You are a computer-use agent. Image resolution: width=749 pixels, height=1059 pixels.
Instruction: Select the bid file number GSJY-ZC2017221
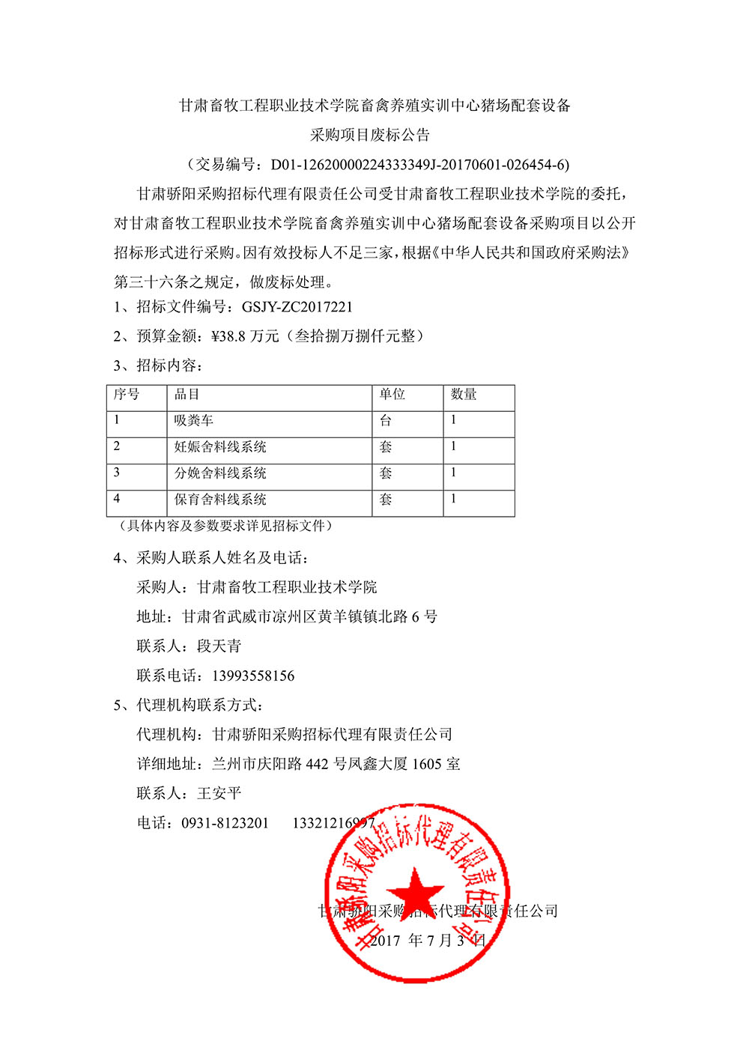pyautogui.click(x=297, y=307)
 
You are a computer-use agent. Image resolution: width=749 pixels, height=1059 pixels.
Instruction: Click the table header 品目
pyautogui.click(x=187, y=395)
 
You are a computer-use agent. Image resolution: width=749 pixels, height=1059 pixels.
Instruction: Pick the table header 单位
pyautogui.click(x=392, y=395)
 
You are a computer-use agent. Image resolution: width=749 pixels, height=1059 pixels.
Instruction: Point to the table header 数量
pyautogui.click(x=464, y=395)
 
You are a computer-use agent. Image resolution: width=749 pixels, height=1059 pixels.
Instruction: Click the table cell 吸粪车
pyautogui.click(x=194, y=421)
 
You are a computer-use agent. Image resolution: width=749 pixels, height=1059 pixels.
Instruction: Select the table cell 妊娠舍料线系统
pyautogui.click(x=220, y=447)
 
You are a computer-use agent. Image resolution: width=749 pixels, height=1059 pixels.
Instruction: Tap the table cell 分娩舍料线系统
pyautogui.click(x=220, y=473)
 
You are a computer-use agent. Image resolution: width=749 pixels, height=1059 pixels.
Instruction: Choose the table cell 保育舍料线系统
pyautogui.click(x=220, y=500)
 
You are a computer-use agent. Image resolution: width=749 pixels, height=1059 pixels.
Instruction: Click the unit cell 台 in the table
pyautogui.click(x=386, y=421)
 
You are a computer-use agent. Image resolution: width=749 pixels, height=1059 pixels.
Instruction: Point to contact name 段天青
pyautogui.click(x=219, y=646)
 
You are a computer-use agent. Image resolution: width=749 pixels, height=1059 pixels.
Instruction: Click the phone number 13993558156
pyautogui.click(x=253, y=676)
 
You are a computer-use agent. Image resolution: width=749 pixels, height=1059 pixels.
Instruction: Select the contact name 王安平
pyautogui.click(x=219, y=794)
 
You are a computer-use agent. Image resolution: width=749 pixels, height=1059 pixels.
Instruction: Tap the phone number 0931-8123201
pyautogui.click(x=225, y=823)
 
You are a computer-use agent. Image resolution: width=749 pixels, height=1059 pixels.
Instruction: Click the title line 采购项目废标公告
pyautogui.click(x=370, y=136)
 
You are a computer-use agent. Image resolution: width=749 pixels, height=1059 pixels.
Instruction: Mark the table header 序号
pyautogui.click(x=127, y=395)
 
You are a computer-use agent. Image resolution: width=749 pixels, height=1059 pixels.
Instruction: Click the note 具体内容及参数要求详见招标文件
pyautogui.click(x=225, y=526)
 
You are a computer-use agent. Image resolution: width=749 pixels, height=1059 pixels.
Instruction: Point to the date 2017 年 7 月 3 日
pyautogui.click(x=428, y=941)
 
